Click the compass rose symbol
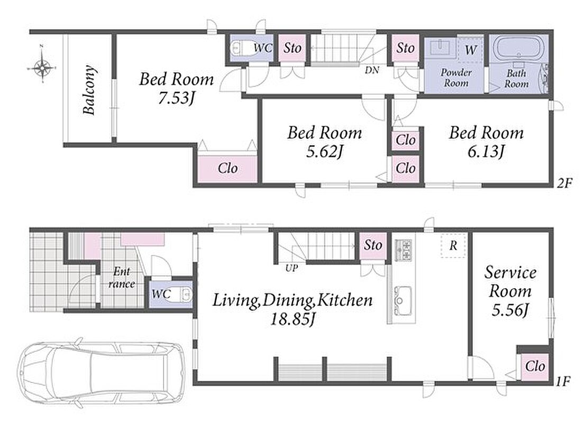42,68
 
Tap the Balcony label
89,90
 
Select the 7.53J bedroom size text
176,98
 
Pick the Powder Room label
456,78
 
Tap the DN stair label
372,70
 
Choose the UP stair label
291,268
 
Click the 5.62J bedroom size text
324,152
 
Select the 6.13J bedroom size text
486,152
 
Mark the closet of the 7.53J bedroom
227,169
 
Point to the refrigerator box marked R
453,245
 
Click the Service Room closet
535,366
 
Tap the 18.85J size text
293,319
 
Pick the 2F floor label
564,183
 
